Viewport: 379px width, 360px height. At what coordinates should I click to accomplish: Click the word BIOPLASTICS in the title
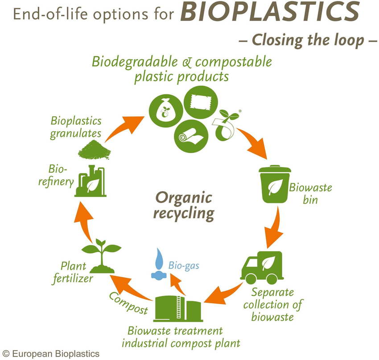click(x=270, y=12)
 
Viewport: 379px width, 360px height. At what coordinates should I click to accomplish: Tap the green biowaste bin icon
click(x=275, y=184)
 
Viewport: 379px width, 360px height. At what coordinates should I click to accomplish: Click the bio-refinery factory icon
click(x=90, y=181)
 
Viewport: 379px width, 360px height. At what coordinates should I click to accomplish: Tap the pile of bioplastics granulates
click(x=94, y=150)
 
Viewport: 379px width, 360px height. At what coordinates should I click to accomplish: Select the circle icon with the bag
click(x=166, y=111)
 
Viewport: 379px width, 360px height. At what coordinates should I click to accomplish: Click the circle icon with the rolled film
click(x=191, y=136)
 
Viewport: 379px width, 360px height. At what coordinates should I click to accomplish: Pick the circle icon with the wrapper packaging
click(x=201, y=102)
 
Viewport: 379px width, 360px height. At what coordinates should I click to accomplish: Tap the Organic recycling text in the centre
click(x=184, y=206)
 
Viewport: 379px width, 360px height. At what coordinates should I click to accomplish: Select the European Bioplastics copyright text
click(x=51, y=354)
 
